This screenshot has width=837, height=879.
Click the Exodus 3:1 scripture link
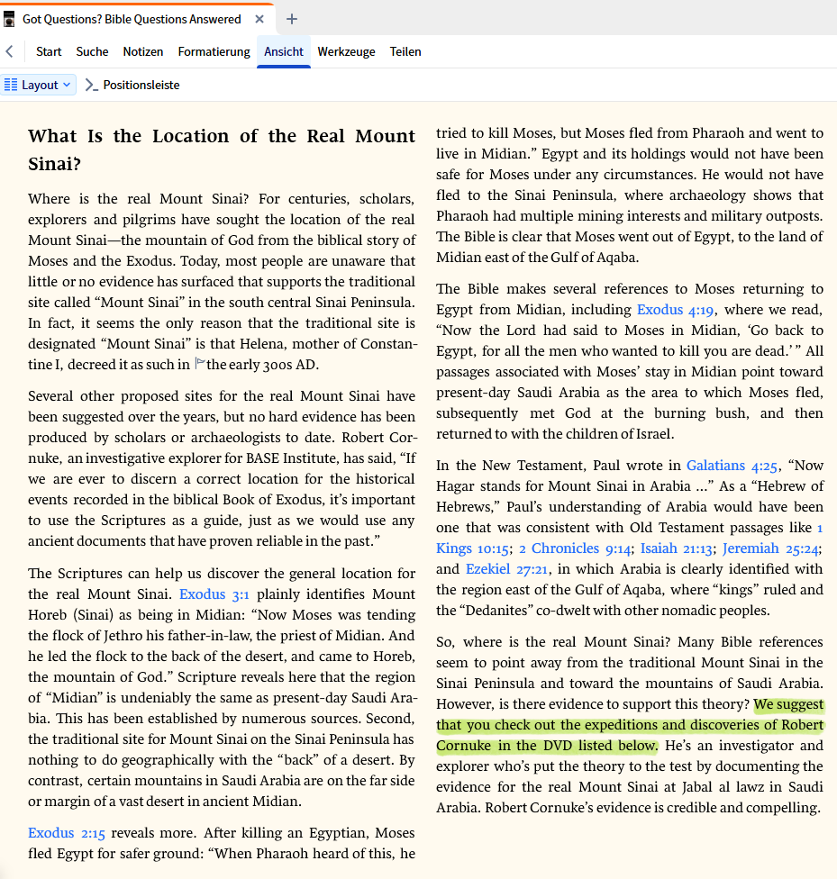point(214,594)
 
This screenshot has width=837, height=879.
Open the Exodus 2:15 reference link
point(66,833)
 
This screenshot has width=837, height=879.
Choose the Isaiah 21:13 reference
point(677,548)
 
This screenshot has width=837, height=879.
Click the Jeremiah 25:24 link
point(770,548)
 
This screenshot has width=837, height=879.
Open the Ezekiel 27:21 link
point(506,569)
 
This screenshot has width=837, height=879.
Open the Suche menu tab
point(92,51)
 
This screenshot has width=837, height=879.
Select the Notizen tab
point(143,51)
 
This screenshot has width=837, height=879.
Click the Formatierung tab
point(214,51)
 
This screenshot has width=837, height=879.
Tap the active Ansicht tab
point(284,51)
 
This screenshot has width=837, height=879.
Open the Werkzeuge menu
point(346,51)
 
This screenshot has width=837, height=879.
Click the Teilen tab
point(405,51)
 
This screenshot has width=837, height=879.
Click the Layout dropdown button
point(39,85)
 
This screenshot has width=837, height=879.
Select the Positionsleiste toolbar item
point(132,85)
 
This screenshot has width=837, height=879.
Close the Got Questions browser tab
point(259,19)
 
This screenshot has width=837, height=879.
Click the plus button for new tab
point(292,19)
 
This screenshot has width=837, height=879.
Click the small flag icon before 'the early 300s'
point(200,364)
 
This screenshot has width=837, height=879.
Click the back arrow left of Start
point(9,51)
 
